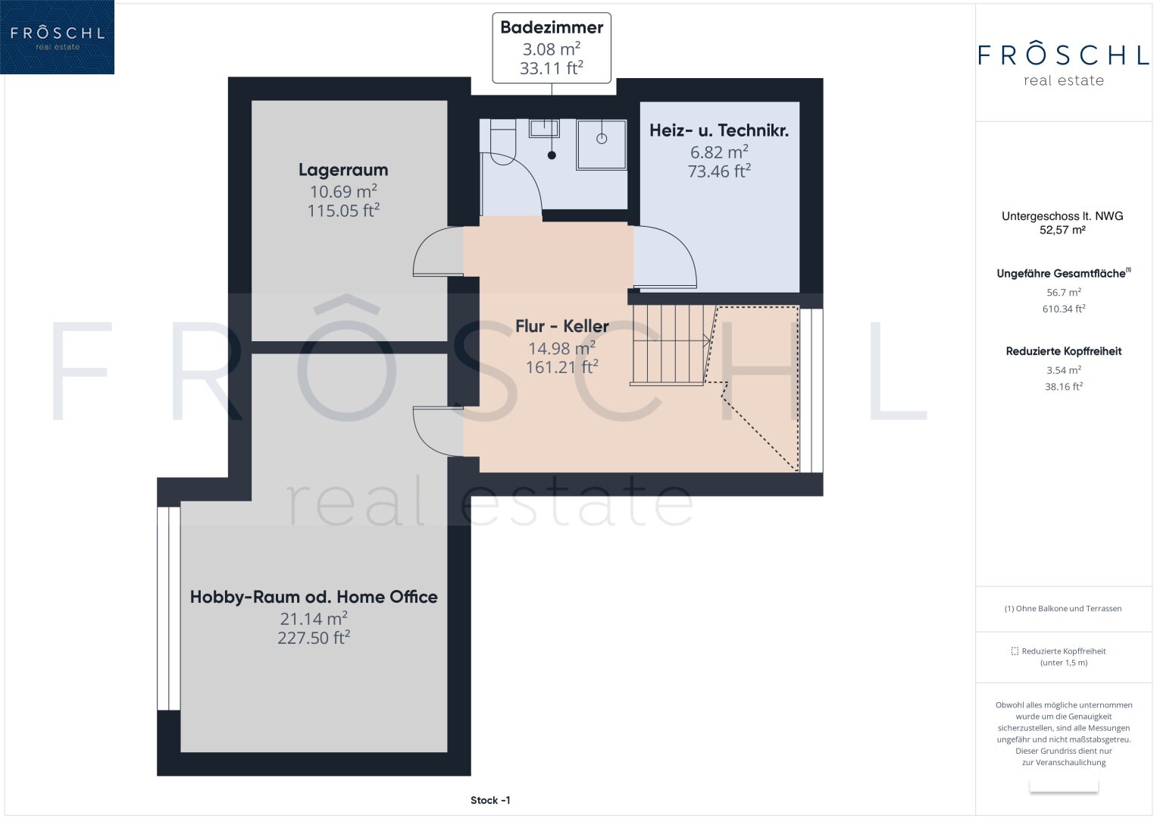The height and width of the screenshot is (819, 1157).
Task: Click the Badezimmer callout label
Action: tap(551, 27)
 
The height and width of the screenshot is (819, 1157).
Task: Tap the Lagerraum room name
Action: tap(343, 170)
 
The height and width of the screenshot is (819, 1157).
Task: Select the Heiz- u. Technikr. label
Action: tap(719, 130)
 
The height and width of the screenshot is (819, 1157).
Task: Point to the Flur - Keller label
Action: tap(562, 326)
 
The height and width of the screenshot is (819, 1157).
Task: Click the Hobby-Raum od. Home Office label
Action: tap(314, 597)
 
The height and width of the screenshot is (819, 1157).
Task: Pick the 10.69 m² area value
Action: tap(343, 191)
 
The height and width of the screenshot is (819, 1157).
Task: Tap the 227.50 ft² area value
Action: tap(314, 638)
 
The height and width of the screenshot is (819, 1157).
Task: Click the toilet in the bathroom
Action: tap(502, 142)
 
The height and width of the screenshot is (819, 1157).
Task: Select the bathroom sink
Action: tap(544, 128)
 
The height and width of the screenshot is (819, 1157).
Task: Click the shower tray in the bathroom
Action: tap(602, 145)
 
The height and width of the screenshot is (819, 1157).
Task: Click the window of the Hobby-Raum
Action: tap(168, 608)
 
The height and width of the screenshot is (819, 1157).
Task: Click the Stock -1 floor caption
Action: tap(490, 800)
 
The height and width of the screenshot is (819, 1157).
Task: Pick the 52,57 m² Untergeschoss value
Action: tap(1062, 230)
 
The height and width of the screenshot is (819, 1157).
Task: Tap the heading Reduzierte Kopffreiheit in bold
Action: tap(1064, 352)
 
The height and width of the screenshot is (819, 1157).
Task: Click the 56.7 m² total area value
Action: tap(1064, 292)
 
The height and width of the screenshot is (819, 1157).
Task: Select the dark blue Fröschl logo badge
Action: tap(57, 36)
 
